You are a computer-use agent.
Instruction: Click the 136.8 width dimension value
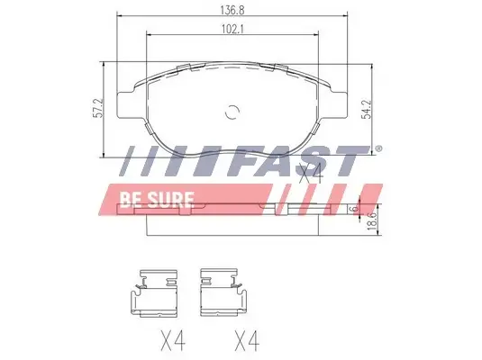click(232, 10)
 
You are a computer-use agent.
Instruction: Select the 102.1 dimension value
click(232, 30)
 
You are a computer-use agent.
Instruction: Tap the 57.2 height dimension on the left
click(98, 108)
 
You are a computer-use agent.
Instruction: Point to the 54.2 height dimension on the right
click(367, 108)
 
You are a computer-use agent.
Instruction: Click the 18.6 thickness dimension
click(372, 220)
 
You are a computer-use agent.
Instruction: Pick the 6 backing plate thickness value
click(355, 208)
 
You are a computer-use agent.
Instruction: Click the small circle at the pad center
click(232, 112)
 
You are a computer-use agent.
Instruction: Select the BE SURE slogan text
click(157, 200)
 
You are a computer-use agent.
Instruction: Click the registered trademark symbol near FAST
click(378, 148)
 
